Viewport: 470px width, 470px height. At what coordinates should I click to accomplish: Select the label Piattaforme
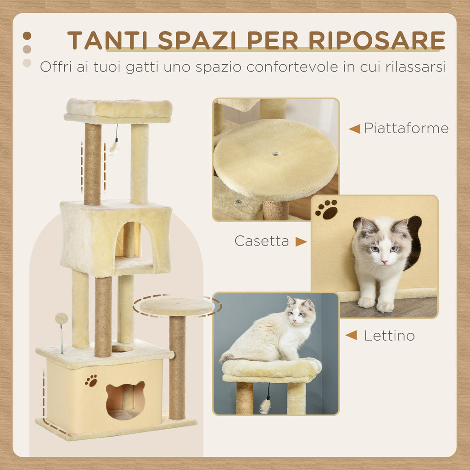[406, 129]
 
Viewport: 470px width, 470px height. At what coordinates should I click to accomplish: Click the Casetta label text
[262, 241]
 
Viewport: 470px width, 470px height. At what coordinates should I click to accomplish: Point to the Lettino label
[389, 336]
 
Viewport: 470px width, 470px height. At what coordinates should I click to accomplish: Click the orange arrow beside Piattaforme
[354, 129]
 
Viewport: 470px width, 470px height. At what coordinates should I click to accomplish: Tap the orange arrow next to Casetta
[301, 241]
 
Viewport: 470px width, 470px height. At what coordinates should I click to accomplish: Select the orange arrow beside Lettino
[351, 336]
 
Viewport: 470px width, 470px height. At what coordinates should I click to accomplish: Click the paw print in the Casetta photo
[326, 209]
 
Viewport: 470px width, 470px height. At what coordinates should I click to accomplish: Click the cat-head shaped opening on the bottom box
[125, 399]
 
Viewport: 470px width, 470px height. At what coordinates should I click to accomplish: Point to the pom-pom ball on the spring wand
[61, 318]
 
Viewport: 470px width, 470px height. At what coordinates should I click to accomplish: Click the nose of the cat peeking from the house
[384, 262]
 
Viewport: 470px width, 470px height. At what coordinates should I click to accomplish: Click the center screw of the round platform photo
[275, 154]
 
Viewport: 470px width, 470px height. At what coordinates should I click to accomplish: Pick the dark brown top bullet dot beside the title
[27, 36]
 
